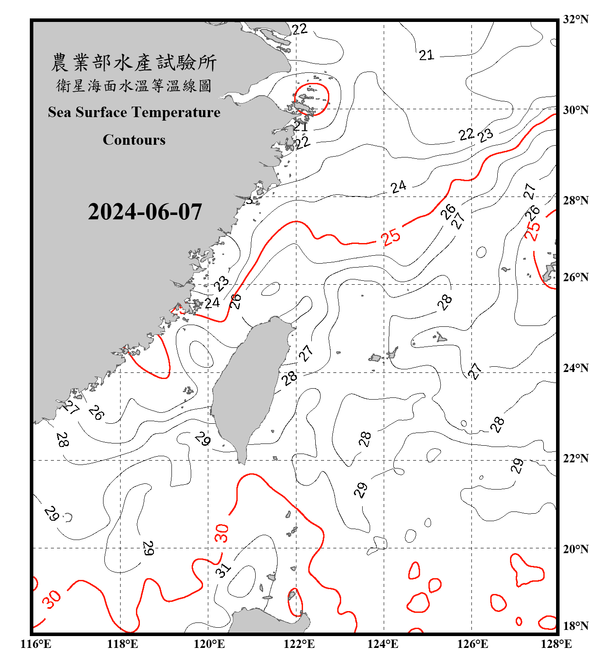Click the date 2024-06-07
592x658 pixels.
tap(145, 212)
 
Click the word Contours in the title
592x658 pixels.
tap(134, 140)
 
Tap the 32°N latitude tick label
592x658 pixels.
tap(576, 19)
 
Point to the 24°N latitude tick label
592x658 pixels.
tap(576, 368)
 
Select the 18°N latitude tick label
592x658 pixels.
tap(576, 626)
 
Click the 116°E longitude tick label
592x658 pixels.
tap(36, 644)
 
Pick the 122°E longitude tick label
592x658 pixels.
tap(299, 644)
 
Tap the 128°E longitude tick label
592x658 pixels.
tap(556, 644)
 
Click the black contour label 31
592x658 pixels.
tap(223, 570)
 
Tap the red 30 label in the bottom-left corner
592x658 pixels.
tap(52, 599)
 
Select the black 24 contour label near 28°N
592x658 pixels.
tap(398, 187)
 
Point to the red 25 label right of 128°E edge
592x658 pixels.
tap(533, 231)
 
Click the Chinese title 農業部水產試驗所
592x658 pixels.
tap(134, 63)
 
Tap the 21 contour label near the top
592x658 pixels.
tap(426, 55)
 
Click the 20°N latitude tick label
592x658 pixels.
tap(576, 549)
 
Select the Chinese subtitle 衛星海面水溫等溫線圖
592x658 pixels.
tap(134, 86)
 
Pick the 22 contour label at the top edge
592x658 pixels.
tap(300, 29)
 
